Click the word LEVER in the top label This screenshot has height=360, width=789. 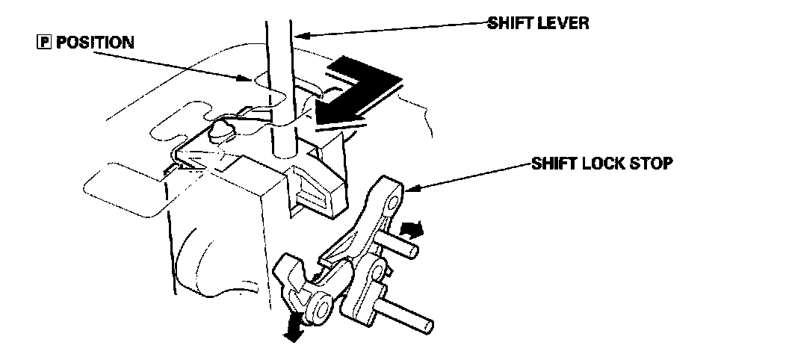565,22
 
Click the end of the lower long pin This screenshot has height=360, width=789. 427,327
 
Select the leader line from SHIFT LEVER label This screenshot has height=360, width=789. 389,28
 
